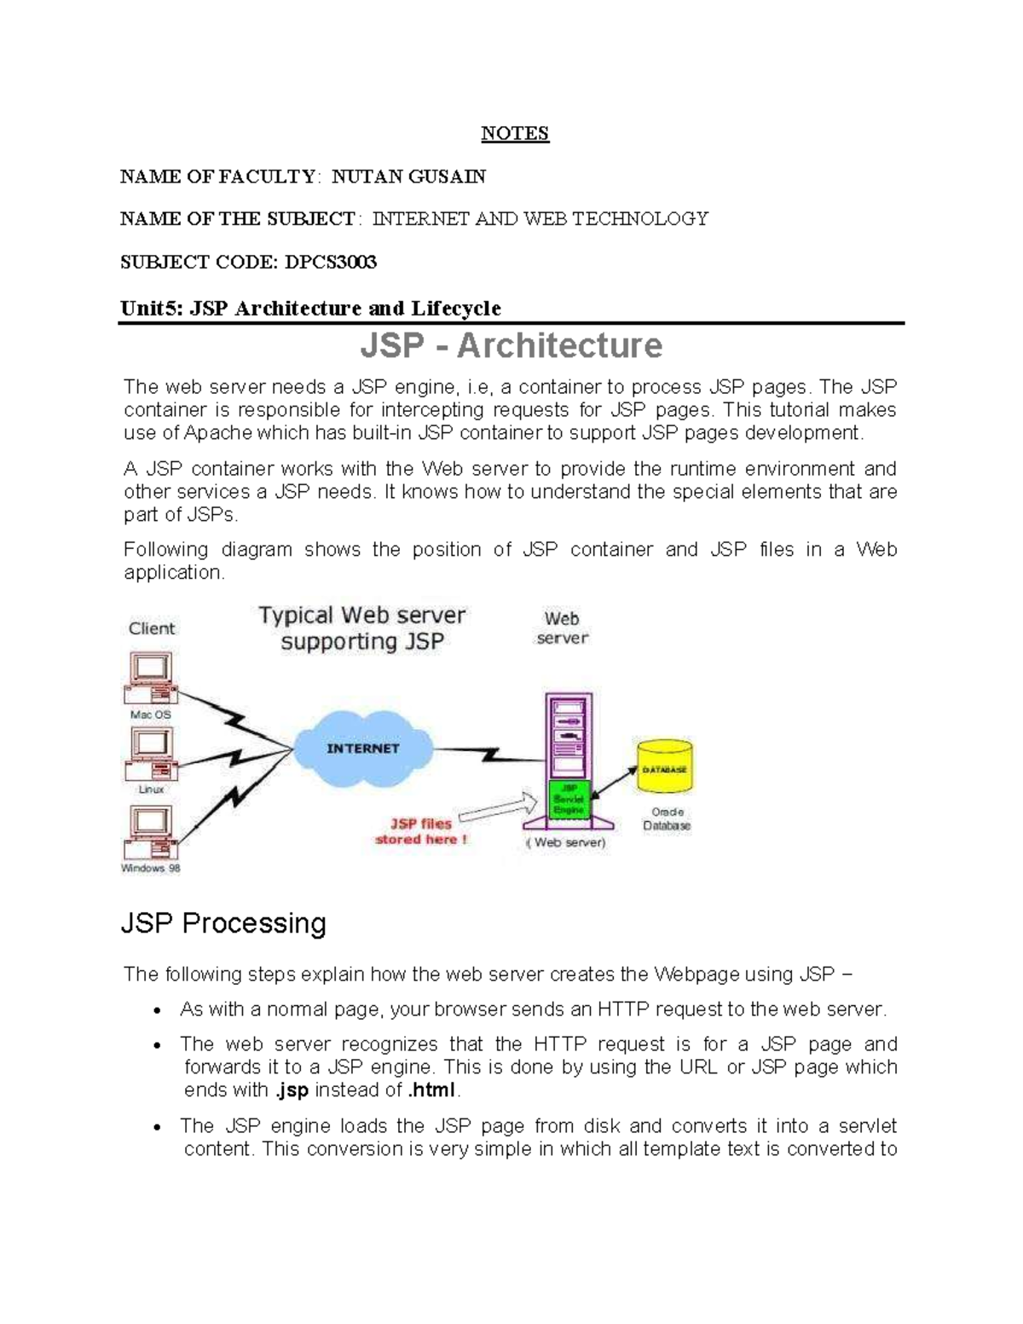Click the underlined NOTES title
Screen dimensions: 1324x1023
point(515,133)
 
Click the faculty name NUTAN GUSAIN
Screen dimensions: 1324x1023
point(408,176)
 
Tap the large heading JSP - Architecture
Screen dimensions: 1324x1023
point(511,345)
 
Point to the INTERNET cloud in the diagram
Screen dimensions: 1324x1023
point(363,748)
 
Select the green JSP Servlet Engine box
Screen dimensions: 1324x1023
point(568,798)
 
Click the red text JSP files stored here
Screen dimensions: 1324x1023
point(421,831)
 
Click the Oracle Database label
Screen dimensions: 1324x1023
point(667,818)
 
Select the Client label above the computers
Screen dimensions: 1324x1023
point(152,628)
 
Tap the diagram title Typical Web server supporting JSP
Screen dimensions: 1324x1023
point(362,627)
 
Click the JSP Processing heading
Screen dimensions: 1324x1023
point(223,923)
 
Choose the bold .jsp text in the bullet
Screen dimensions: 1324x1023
point(292,1090)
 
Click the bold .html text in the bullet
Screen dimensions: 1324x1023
point(432,1090)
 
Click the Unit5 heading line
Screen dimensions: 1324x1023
point(310,308)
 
